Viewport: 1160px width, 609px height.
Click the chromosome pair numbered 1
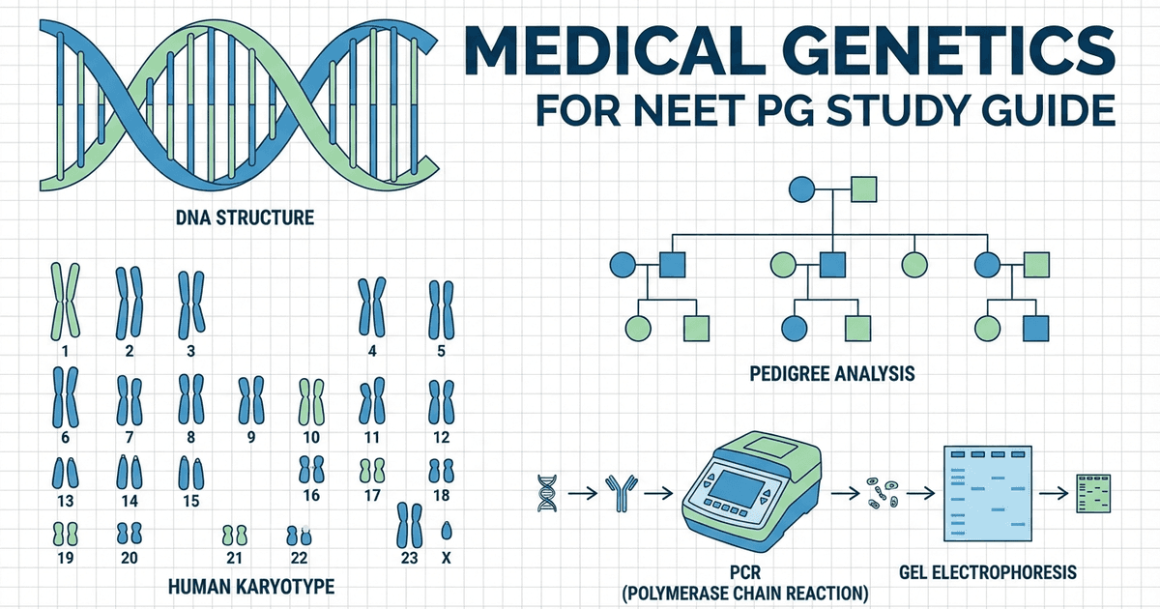click(x=65, y=298)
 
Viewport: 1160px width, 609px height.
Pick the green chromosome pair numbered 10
click(x=310, y=400)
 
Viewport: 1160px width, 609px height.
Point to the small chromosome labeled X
click(x=447, y=531)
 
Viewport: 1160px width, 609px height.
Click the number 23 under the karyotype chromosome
click(x=408, y=558)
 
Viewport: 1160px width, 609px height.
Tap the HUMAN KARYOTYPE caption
click(x=251, y=587)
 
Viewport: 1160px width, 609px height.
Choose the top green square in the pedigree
click(x=863, y=189)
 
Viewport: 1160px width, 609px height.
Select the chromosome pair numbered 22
click(x=299, y=534)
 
